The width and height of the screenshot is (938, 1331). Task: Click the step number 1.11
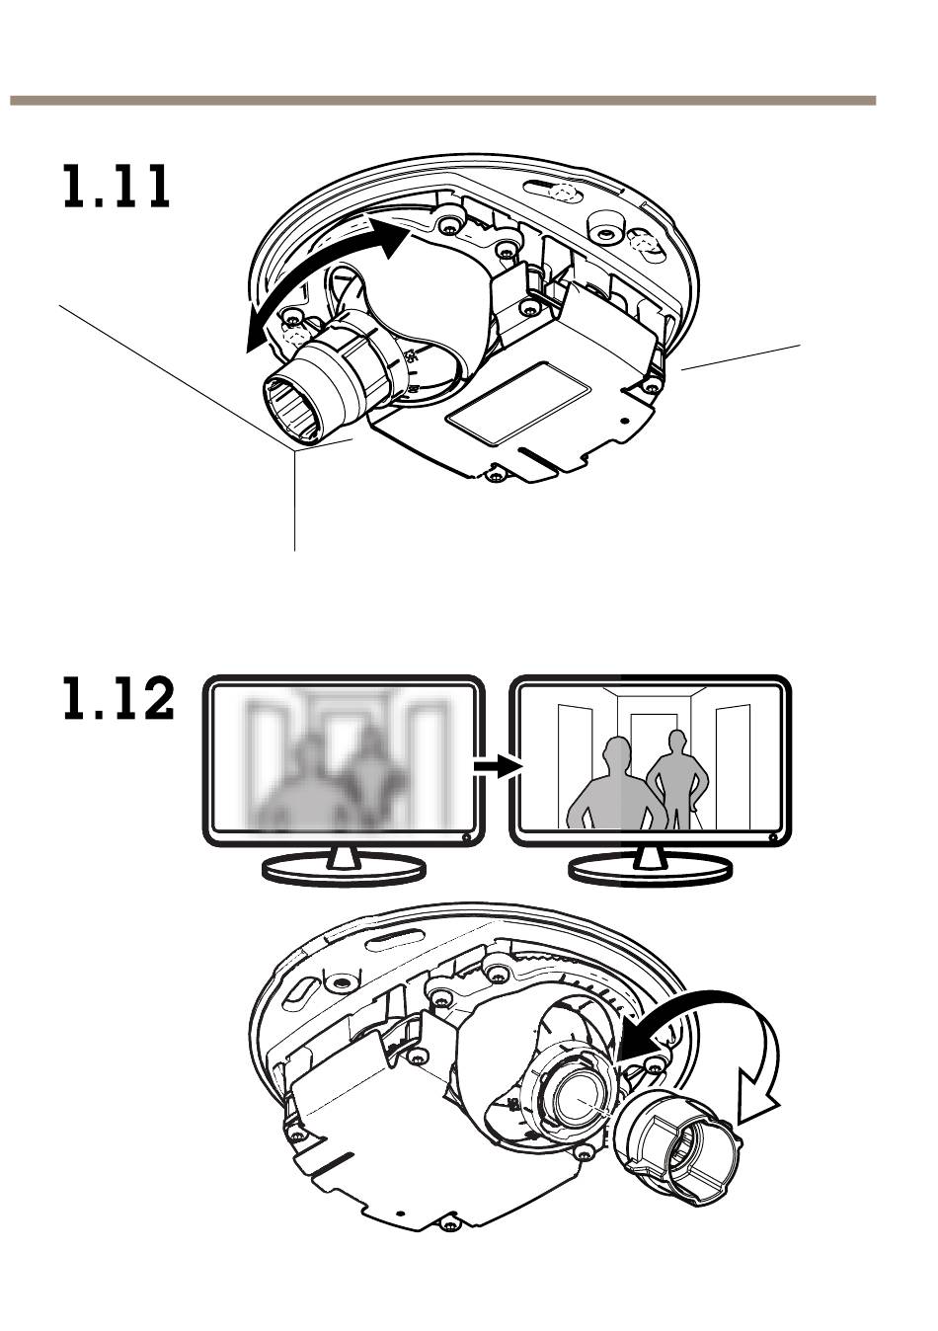[x=117, y=187]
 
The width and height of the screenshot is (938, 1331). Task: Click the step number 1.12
[x=118, y=698]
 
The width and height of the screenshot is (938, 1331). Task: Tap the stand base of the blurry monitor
[x=344, y=871]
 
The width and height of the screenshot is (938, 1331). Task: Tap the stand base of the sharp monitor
[x=651, y=871]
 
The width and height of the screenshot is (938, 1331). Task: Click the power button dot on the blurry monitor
[x=467, y=837]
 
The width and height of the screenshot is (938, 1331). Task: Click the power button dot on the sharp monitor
[x=773, y=837]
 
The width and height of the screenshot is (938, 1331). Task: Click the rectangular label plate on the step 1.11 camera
[x=518, y=402]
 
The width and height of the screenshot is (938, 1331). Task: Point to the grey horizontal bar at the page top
[x=443, y=101]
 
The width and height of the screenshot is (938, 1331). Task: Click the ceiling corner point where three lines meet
[x=294, y=451]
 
